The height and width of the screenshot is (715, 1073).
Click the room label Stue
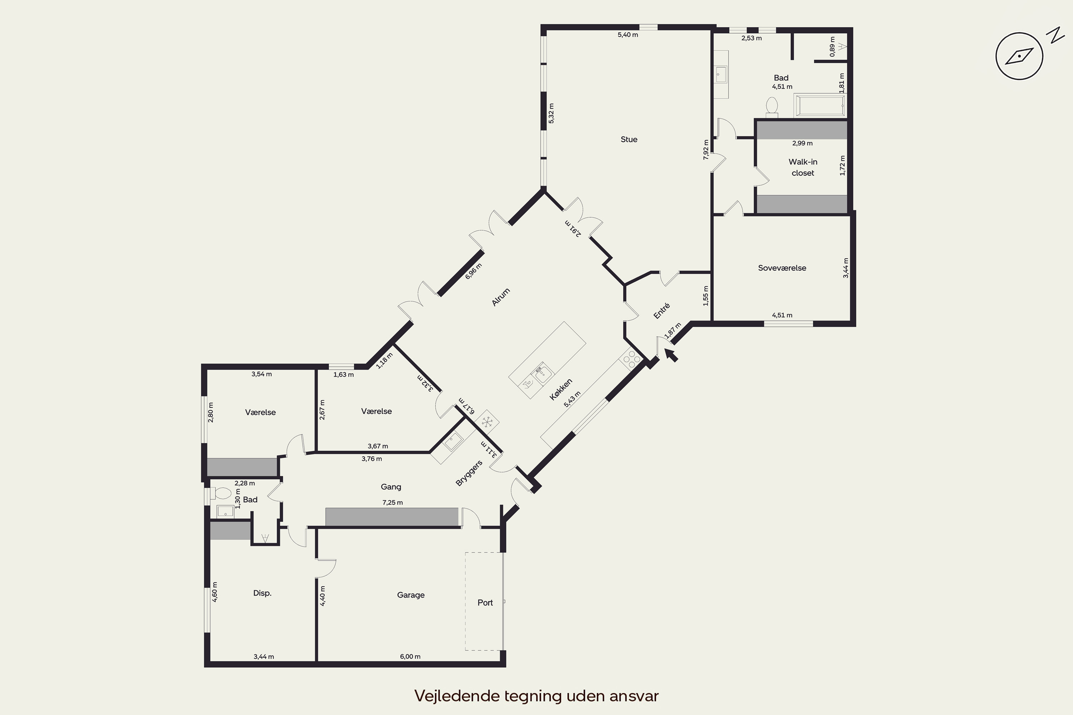pyautogui.click(x=629, y=139)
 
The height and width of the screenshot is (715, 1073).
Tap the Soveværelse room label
pyautogui.click(x=782, y=268)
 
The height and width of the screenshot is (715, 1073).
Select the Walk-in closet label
pyautogui.click(x=803, y=167)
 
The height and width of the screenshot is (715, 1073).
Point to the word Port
pyautogui.click(x=485, y=603)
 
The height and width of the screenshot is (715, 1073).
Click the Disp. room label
pyautogui.click(x=262, y=593)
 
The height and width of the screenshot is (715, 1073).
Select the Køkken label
pyautogui.click(x=561, y=389)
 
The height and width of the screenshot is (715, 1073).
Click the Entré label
pyautogui.click(x=661, y=311)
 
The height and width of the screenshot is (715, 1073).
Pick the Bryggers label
pyautogui.click(x=469, y=473)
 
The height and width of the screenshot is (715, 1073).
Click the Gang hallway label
pyautogui.click(x=391, y=487)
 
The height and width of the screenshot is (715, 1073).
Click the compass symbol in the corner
pyautogui.click(x=1019, y=56)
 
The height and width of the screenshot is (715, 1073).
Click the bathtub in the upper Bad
pyautogui.click(x=820, y=105)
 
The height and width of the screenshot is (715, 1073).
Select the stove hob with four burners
pyautogui.click(x=631, y=359)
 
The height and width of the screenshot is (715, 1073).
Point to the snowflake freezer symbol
pyautogui.click(x=487, y=422)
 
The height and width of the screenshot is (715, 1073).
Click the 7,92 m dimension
pyautogui.click(x=706, y=149)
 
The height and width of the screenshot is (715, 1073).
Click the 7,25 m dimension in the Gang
pyautogui.click(x=392, y=503)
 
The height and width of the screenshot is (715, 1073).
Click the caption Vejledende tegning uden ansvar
pyautogui.click(x=536, y=696)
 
